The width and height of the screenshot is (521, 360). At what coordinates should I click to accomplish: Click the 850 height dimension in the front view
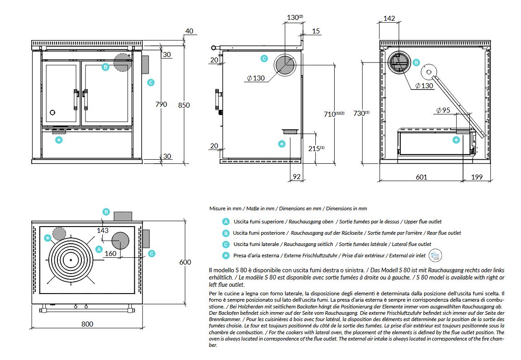pyautogui.click(x=184, y=105)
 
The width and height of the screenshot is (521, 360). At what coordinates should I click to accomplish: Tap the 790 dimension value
pyautogui.click(x=161, y=104)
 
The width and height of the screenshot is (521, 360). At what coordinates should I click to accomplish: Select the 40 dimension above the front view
pyautogui.click(x=189, y=31)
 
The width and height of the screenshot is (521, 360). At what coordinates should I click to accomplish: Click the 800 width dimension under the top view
pyautogui.click(x=87, y=324)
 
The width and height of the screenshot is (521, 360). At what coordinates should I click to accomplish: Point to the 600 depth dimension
pyautogui.click(x=185, y=262)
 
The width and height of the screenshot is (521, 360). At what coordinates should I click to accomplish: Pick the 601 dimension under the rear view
pyautogui.click(x=422, y=177)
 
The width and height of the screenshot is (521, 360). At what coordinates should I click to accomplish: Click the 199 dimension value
pyautogui.click(x=477, y=177)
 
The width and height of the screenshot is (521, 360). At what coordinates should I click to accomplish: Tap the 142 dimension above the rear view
pyautogui.click(x=389, y=18)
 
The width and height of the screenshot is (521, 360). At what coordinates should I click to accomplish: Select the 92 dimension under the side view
pyautogui.click(x=297, y=176)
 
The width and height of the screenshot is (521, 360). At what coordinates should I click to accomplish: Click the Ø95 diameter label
pyautogui.click(x=443, y=110)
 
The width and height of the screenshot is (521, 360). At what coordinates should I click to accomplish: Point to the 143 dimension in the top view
pyautogui.click(x=103, y=230)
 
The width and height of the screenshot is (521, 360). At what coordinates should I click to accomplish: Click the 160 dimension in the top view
pyautogui.click(x=110, y=253)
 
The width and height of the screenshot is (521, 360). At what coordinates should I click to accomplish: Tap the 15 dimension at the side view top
pyautogui.click(x=316, y=31)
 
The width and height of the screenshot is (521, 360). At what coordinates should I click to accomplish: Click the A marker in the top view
pyautogui.click(x=99, y=249)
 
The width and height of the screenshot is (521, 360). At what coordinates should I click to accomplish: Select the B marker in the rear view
pyautogui.click(x=416, y=62)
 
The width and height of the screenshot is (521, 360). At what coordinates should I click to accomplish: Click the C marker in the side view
pyautogui.click(x=264, y=58)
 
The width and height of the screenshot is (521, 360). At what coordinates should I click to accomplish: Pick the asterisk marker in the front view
pyautogui.click(x=59, y=140)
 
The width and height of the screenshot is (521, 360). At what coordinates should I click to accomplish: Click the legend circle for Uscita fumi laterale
pyautogui.click(x=226, y=244)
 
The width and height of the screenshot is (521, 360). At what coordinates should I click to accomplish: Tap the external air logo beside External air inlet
pyautogui.click(x=435, y=255)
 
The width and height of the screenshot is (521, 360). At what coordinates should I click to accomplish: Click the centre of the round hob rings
pyautogui.click(x=71, y=260)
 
